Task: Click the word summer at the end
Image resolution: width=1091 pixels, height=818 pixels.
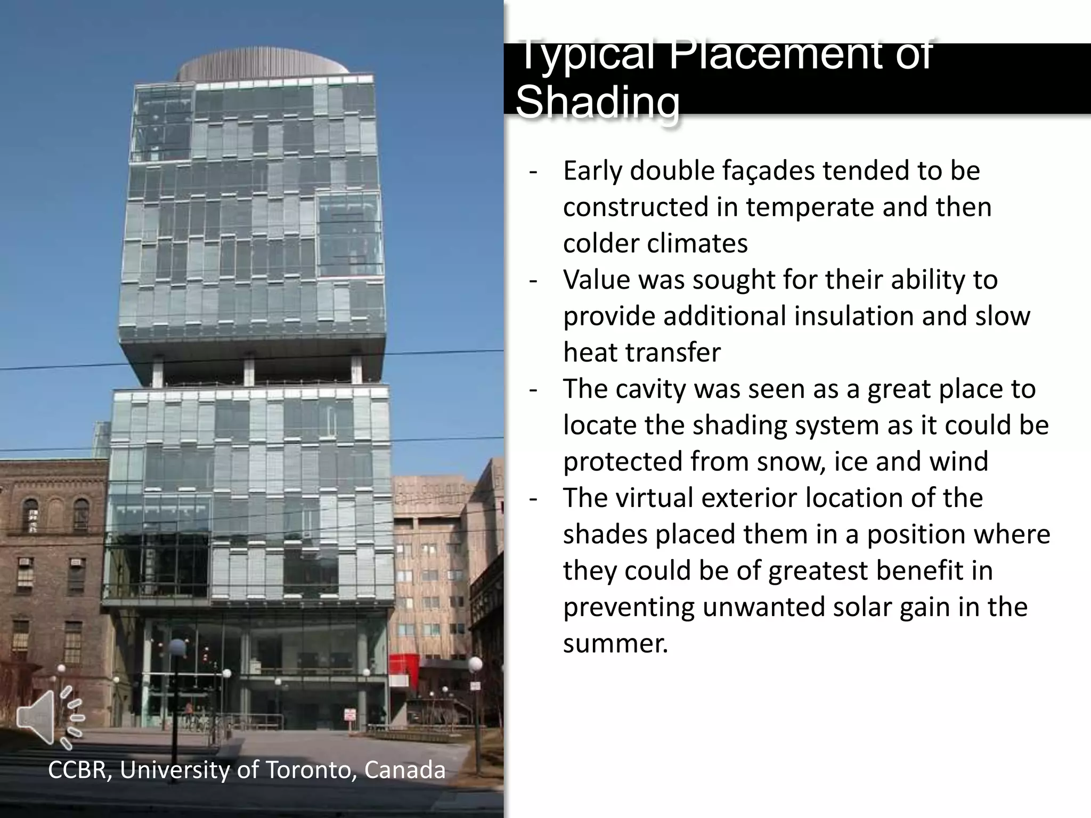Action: click(615, 643)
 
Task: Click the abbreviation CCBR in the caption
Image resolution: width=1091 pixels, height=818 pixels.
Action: click(78, 770)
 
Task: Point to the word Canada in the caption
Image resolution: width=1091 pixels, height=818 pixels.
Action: click(405, 770)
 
